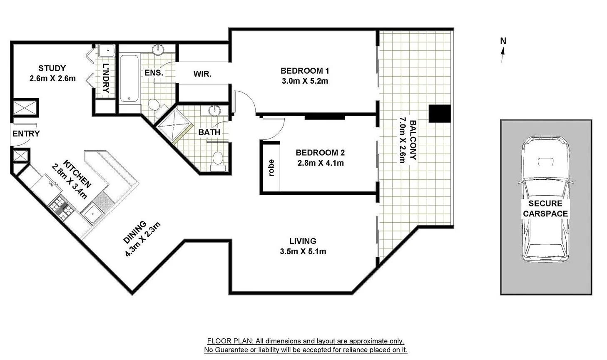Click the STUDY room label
tap(52, 68)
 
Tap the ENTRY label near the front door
tap(26, 134)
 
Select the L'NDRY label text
tap(106, 78)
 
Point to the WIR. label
tap(202, 74)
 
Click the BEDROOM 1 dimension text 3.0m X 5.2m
tap(305, 81)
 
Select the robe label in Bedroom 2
tap(271, 168)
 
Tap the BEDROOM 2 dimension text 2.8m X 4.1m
tap(320, 163)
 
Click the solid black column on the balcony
tap(440, 114)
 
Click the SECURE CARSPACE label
tap(545, 209)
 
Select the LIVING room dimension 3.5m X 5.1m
tap(303, 251)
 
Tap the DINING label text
tap(135, 232)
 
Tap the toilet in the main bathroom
tap(218, 161)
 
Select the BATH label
tap(209, 132)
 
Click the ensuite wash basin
tap(158, 50)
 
